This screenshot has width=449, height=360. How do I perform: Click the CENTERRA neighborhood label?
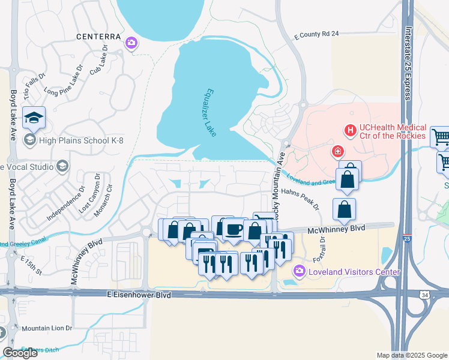pyautogui.click(x=99, y=37)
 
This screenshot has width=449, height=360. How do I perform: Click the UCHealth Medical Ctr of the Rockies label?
pyautogui.click(x=393, y=131)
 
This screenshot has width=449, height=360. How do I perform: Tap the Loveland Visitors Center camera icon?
pyautogui.click(x=300, y=272)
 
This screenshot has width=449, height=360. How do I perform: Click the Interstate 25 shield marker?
pyautogui.click(x=408, y=238)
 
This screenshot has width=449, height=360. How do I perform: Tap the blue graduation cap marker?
pyautogui.click(x=34, y=118)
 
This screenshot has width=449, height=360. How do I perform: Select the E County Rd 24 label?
pyautogui.click(x=317, y=35)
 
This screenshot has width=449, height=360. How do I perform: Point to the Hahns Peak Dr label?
pyautogui.click(x=300, y=199)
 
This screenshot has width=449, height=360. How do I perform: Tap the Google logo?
pyautogui.click(x=20, y=353)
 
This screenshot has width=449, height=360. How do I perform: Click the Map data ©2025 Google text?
pyautogui.click(x=411, y=355)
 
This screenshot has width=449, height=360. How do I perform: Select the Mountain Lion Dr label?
pyautogui.click(x=47, y=328)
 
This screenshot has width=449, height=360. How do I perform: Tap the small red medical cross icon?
pyautogui.click(x=338, y=151)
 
